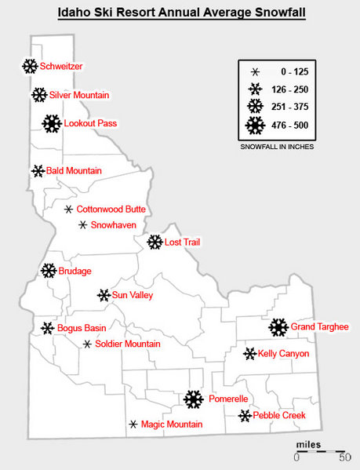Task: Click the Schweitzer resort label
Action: tap(61, 67)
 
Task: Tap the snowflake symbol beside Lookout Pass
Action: tap(52, 123)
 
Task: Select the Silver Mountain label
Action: tap(79, 95)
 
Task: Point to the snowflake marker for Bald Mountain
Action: tap(38, 170)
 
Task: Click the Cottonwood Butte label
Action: tap(111, 209)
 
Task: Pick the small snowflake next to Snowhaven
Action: tap(82, 225)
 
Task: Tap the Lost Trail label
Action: tap(183, 242)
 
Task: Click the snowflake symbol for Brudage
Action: tap(48, 271)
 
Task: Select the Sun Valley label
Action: tap(133, 296)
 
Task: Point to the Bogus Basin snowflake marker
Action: tap(47, 327)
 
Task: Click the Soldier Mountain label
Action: tap(128, 344)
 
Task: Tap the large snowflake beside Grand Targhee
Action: tap(278, 327)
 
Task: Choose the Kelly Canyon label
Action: tap(283, 354)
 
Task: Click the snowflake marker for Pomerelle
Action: tap(193, 399)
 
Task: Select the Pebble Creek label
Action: tap(278, 415)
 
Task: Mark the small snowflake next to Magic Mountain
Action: tap(133, 424)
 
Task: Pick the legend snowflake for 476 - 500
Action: tap(256, 125)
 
